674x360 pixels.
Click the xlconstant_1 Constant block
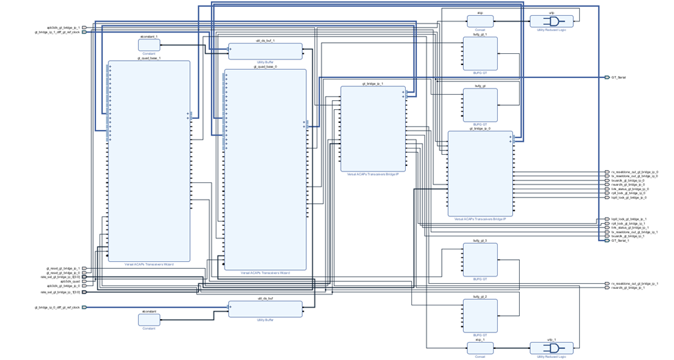[x=149, y=45]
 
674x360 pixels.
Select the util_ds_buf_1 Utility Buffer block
[x=265, y=51]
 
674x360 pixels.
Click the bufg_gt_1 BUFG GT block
[x=480, y=53]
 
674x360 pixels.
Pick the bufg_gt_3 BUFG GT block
[x=480, y=260]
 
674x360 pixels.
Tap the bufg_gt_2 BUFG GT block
[x=480, y=316]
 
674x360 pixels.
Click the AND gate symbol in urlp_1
[x=553, y=348]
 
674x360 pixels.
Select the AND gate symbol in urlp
[x=553, y=21]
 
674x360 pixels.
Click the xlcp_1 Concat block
[x=480, y=348]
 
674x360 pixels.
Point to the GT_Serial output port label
[x=619, y=77]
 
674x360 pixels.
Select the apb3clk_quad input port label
[x=70, y=281]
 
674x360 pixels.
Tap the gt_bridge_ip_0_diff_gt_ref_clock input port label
[x=57, y=307]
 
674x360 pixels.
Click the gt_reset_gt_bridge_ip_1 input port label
[x=63, y=269]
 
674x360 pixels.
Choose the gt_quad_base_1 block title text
[x=149, y=58]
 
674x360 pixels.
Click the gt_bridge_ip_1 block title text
[x=373, y=84]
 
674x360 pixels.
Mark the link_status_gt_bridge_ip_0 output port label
[x=630, y=189]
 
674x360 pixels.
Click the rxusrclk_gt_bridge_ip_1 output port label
[x=628, y=288]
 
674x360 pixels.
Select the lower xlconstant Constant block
[x=149, y=320]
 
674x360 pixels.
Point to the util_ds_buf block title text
[x=265, y=298]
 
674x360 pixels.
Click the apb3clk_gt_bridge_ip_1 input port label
[x=63, y=28]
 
